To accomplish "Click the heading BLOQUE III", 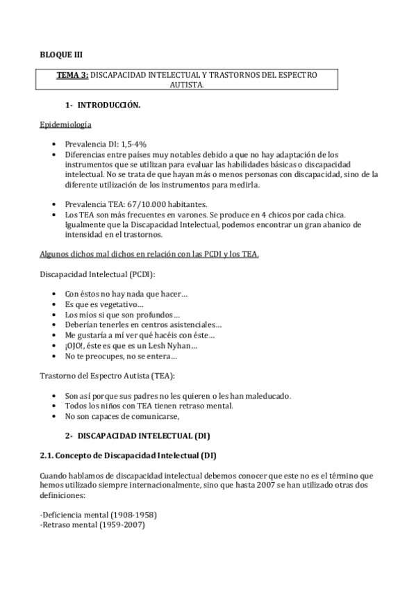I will click(x=60, y=54).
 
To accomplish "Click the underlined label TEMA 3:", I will click(x=72, y=75).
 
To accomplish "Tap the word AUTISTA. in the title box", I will click(x=187, y=85).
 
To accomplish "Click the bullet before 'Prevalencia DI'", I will click(x=56, y=144).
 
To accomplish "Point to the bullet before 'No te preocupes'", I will click(x=56, y=356).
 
